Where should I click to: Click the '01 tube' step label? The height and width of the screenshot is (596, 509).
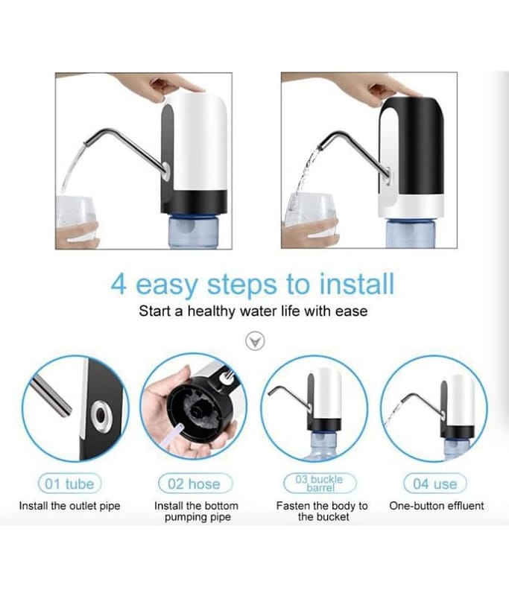69,484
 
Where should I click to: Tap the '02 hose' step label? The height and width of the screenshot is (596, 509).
195,484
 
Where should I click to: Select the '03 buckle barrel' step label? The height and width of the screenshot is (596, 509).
320,483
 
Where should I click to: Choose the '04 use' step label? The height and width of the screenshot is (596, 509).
435,484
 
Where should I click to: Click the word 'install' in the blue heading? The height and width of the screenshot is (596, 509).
356,285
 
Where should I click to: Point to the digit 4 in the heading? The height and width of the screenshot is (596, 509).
118,285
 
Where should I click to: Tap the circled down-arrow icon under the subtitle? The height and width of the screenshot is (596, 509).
255,341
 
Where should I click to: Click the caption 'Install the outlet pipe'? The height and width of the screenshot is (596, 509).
69,506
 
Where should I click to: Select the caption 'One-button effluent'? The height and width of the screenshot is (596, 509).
437,506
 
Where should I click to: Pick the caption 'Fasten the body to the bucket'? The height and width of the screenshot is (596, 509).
323,511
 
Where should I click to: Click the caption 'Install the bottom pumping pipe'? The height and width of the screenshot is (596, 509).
197,511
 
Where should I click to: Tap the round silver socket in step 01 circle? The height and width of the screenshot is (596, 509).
101,416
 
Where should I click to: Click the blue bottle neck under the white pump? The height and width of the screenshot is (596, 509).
194,231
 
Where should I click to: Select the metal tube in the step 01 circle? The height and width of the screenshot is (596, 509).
51,396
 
